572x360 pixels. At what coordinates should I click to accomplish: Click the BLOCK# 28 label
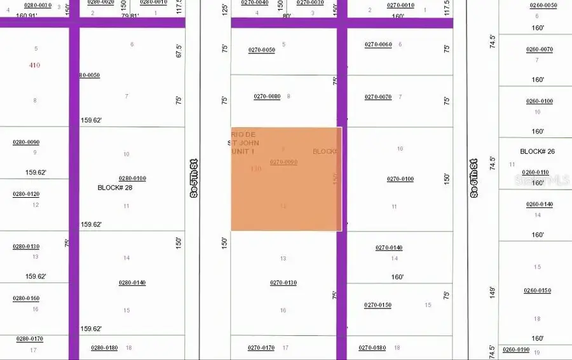[115, 188]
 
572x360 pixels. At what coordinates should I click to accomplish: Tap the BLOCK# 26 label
[538, 151]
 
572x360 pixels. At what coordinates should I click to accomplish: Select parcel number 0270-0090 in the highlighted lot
[283, 162]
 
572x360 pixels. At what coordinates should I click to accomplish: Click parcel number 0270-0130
[283, 282]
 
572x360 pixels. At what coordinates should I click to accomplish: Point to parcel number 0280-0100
[132, 178]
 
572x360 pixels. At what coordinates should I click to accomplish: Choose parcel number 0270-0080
[267, 97]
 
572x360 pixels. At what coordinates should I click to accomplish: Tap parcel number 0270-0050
[261, 50]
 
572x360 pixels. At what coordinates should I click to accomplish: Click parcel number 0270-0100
[400, 179]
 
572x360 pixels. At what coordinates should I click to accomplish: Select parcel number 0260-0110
[535, 172]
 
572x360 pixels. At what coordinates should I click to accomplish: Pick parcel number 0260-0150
[537, 291]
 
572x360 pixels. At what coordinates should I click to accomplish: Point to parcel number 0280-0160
[26, 298]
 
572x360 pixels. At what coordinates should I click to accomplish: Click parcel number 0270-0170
[261, 348]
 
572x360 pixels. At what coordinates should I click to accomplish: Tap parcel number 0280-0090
[26, 142]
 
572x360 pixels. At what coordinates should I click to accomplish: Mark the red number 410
[34, 65]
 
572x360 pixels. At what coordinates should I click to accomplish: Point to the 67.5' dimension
[179, 51]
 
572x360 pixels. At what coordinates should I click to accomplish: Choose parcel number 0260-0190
[515, 350]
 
